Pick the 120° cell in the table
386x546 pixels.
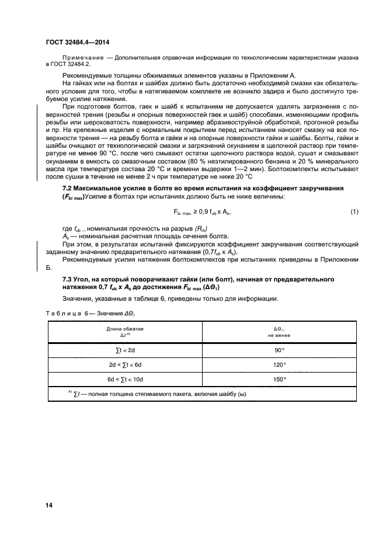pos(279,364)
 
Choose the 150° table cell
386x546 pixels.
pos(279,379)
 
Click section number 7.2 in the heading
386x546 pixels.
pos(68,188)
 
